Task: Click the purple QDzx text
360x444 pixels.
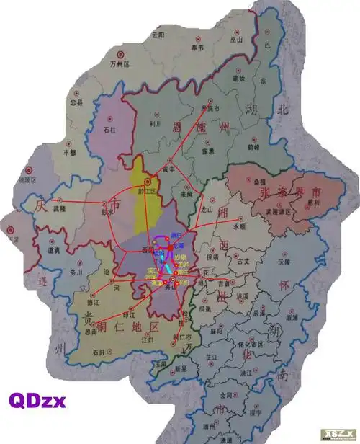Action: pos(37,399)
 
